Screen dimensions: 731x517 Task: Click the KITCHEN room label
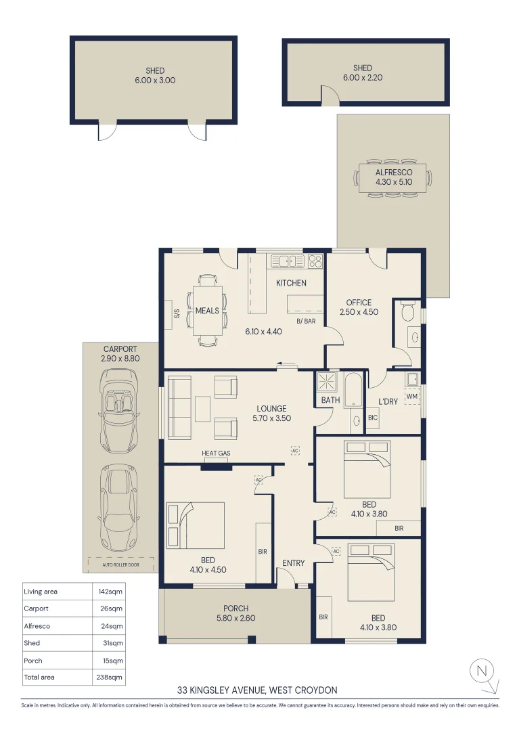pos(291,283)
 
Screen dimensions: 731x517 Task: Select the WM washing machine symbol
pos(412,395)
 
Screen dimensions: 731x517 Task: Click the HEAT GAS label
pos(216,453)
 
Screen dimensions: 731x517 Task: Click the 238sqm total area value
pos(109,677)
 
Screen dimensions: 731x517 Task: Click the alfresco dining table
pos(393,178)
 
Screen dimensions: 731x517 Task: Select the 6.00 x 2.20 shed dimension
pos(363,78)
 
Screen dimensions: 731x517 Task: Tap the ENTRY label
pos(293,563)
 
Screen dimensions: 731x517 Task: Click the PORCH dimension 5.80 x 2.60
pos(235,618)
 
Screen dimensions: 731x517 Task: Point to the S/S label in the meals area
pos(177,314)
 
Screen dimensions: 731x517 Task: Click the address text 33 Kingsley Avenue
pos(257,690)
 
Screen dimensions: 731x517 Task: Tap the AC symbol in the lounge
pos(295,449)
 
